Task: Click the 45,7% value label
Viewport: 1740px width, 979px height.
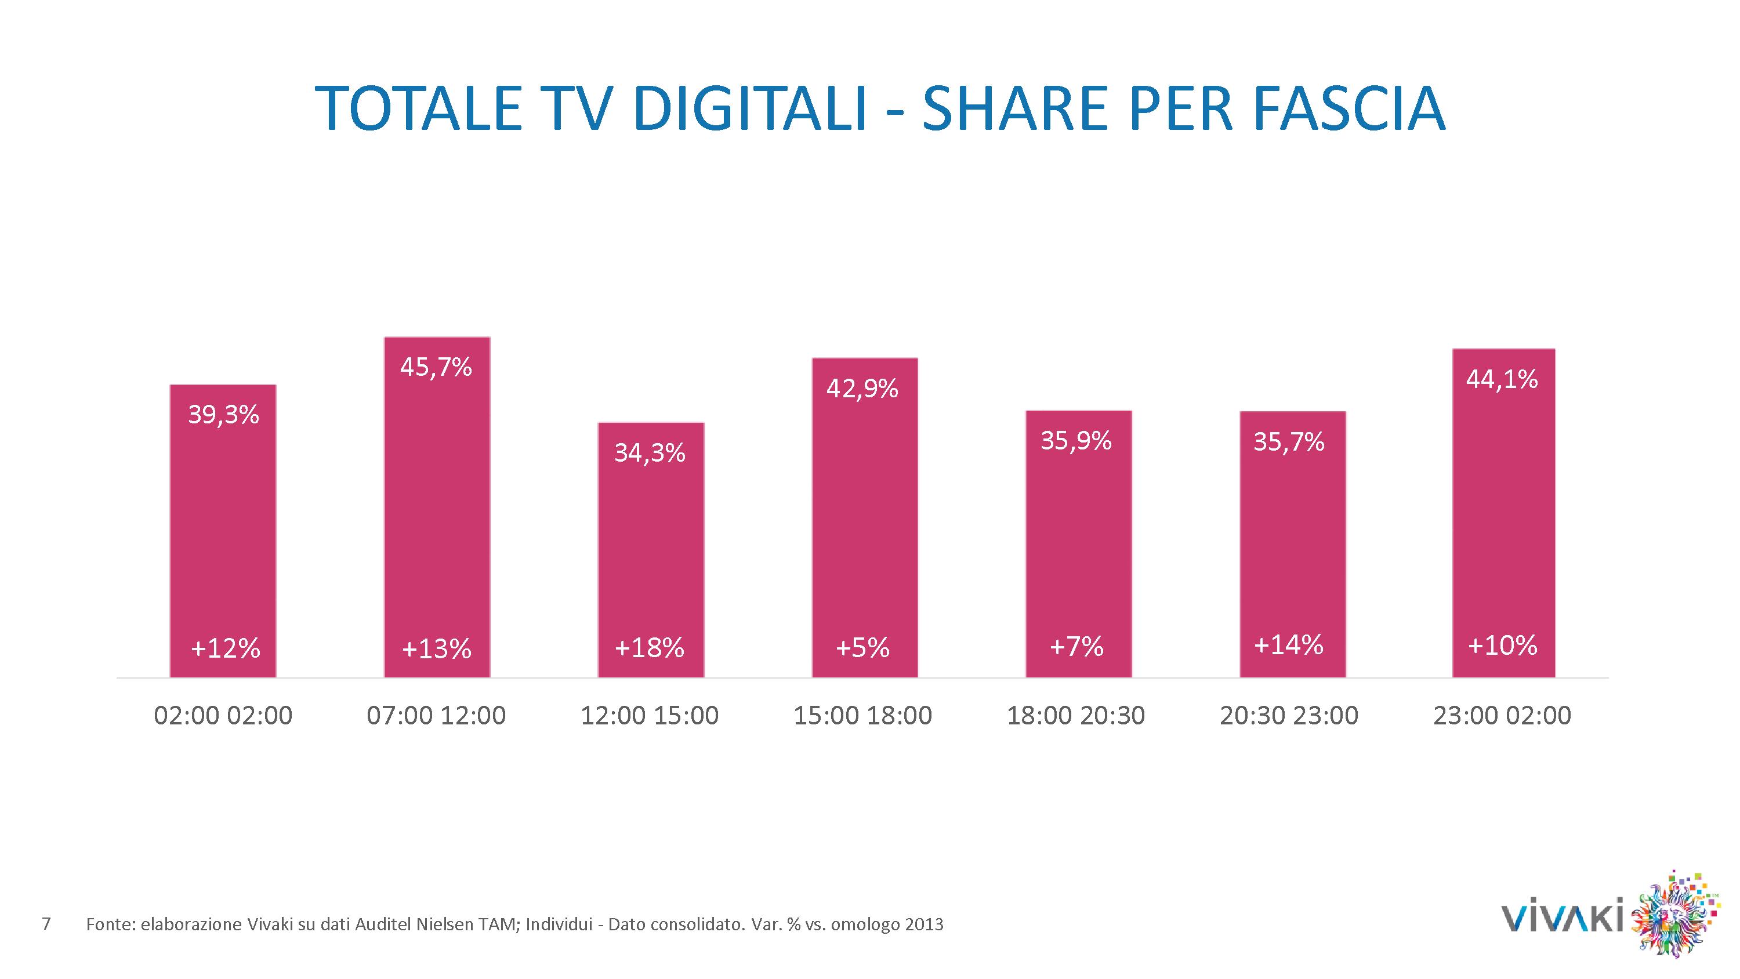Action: point(436,368)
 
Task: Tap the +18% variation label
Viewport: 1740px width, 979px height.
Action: point(649,648)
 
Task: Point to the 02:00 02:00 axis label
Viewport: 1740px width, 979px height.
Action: point(223,716)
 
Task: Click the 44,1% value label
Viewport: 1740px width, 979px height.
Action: point(1502,380)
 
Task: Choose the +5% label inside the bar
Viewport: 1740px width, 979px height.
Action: point(862,648)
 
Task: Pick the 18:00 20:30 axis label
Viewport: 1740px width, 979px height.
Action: point(1076,716)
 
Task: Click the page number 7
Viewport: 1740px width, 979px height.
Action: point(46,923)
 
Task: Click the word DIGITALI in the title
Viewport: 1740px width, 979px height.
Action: point(751,108)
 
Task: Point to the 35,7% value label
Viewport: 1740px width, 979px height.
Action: point(1289,442)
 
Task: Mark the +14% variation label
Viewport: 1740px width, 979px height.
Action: point(1288,646)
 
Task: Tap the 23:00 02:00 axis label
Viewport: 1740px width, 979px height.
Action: point(1502,716)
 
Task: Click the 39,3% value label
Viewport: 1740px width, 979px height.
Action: point(223,415)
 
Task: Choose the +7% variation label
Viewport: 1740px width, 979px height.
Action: point(1076,647)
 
